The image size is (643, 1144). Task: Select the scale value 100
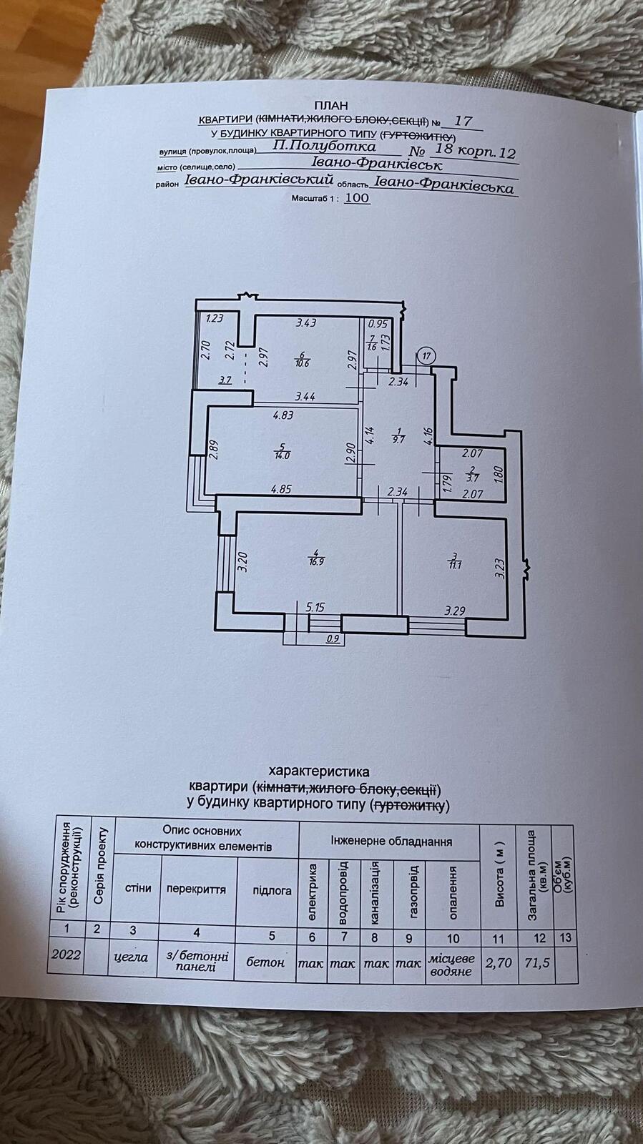tap(358, 197)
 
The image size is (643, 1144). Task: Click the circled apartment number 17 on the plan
tap(426, 355)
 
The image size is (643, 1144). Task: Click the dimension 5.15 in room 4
tap(315, 607)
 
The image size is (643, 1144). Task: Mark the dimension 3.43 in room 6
tap(306, 323)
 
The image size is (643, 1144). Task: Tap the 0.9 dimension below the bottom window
tap(333, 639)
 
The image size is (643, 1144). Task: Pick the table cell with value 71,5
tap(536, 962)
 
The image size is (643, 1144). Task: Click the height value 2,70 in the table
tap(499, 963)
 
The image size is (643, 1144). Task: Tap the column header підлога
tap(272, 890)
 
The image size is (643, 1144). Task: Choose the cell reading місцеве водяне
tap(449, 964)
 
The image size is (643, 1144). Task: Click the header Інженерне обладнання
tap(391, 842)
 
